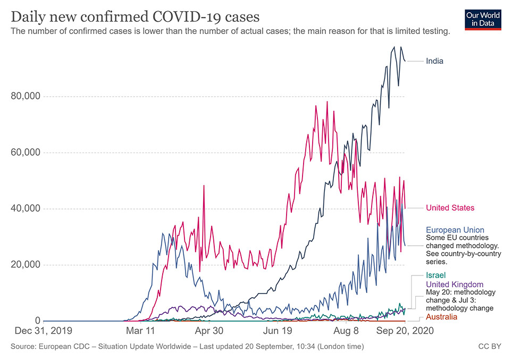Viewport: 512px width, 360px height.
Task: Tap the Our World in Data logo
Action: click(x=483, y=19)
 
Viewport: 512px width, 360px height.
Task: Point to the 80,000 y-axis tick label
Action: click(x=26, y=96)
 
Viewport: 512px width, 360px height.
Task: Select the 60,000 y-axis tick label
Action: click(x=26, y=153)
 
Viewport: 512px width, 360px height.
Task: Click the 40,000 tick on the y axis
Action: click(x=26, y=208)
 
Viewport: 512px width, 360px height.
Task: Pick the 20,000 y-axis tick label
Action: click(x=26, y=265)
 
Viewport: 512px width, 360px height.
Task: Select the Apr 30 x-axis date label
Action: click(x=209, y=331)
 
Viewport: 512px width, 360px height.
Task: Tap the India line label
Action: click(x=434, y=61)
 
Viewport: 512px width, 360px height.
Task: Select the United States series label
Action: click(x=450, y=207)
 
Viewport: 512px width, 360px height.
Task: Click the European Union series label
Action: click(x=455, y=230)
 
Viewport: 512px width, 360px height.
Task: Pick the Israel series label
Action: click(x=435, y=275)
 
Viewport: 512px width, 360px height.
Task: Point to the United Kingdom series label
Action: click(x=455, y=284)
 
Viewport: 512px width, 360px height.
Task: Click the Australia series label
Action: click(x=441, y=317)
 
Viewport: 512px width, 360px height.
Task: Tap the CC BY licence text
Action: click(x=490, y=347)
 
